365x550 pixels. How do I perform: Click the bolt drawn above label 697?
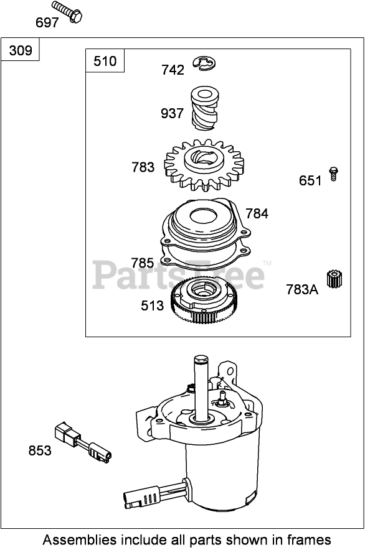coord(67,12)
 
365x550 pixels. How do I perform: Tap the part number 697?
coord(47,23)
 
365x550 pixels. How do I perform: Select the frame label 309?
coord(21,50)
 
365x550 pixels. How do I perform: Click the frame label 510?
coord(105,62)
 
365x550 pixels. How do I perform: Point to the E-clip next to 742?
coord(204,63)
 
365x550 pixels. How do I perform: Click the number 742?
coord(173,70)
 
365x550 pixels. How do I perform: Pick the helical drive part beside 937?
coord(205,108)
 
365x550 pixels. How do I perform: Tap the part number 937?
coord(172,113)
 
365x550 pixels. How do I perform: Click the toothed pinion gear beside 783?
coord(204,165)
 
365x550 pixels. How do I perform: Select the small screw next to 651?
coord(333,174)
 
